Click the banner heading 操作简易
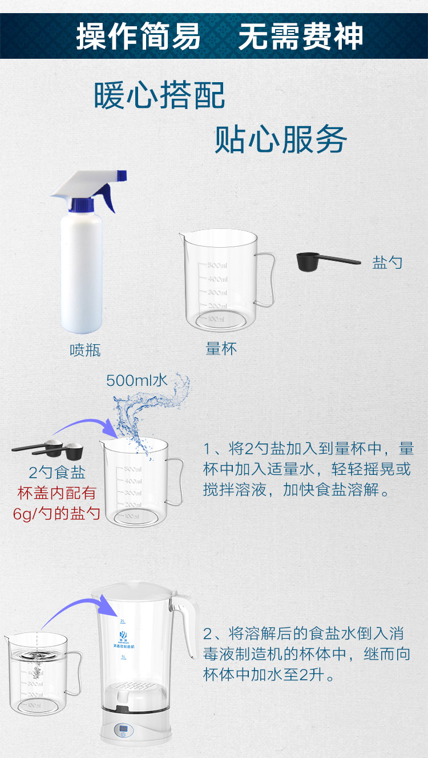[139, 37]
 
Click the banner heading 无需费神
[301, 37]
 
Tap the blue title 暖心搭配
[160, 95]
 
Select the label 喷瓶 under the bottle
[85, 349]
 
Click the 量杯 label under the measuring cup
[221, 348]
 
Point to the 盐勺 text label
[387, 263]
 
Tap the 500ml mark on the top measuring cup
[217, 265]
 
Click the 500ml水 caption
[136, 380]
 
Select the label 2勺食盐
[57, 473]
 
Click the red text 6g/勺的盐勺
[57, 513]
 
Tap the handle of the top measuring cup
[266, 280]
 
